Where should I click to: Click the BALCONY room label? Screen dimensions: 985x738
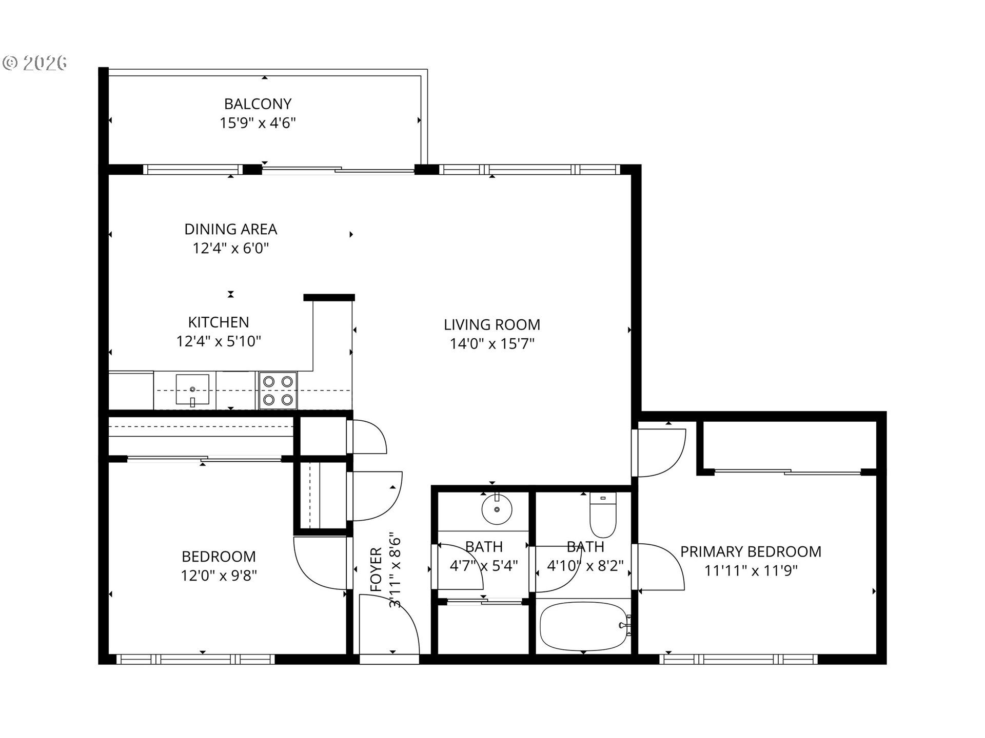click(258, 104)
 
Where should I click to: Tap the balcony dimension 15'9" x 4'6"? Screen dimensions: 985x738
click(258, 123)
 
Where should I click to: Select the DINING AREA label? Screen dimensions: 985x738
click(231, 229)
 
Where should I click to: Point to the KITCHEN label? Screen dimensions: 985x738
click(219, 322)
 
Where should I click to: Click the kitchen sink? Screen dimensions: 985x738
click(192, 390)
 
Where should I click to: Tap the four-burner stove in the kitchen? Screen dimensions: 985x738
click(278, 390)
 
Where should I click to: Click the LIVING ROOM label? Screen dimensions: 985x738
click(492, 324)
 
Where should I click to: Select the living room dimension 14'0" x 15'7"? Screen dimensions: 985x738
click(492, 344)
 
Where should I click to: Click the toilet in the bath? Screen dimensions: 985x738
click(603, 515)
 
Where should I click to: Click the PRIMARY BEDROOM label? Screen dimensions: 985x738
click(751, 552)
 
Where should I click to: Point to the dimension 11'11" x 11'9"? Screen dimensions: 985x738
click(751, 571)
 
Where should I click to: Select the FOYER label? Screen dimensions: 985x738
click(377, 570)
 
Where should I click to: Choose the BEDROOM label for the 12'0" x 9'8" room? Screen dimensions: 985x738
click(219, 557)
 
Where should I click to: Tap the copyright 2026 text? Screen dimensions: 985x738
click(35, 63)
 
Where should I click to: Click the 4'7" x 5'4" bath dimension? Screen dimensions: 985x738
click(484, 566)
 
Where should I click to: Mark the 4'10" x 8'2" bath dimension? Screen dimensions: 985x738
click(585, 566)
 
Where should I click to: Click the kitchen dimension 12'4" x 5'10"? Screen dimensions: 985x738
click(219, 341)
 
